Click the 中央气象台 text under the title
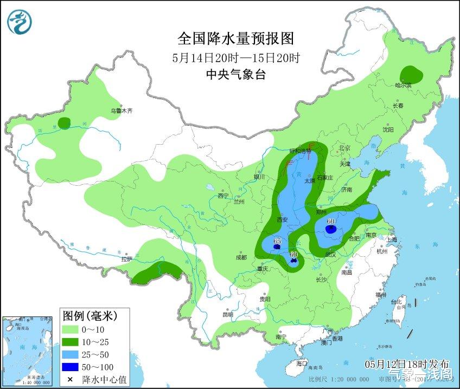click(x=236, y=75)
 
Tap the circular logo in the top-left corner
click(x=20, y=21)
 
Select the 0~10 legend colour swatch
click(x=71, y=329)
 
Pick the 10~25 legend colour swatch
click(x=71, y=342)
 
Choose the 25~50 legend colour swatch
click(x=71, y=355)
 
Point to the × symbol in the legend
click(x=71, y=379)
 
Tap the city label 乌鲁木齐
click(x=122, y=111)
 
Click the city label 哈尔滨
click(x=403, y=85)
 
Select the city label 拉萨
click(x=126, y=260)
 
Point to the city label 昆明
click(x=228, y=314)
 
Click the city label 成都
click(x=241, y=257)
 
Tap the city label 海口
click(x=301, y=363)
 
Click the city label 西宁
click(x=223, y=196)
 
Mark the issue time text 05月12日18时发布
click(x=407, y=362)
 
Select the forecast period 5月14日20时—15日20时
click(x=236, y=57)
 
